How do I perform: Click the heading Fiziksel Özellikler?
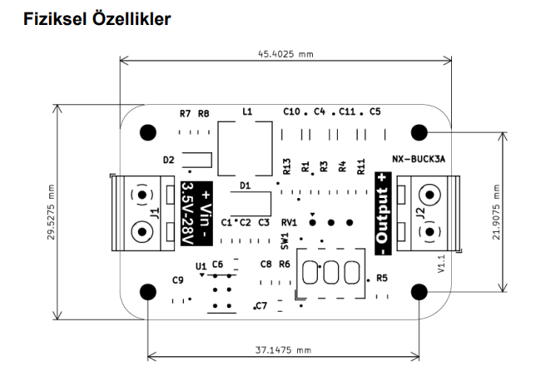(x=99, y=17)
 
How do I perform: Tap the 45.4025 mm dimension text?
(x=285, y=54)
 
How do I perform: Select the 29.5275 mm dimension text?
(x=51, y=212)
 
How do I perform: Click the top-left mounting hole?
(x=148, y=132)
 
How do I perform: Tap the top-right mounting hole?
(x=419, y=132)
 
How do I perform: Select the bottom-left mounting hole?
(x=148, y=290)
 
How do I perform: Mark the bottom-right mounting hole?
(x=419, y=290)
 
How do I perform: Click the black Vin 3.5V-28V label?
(x=196, y=213)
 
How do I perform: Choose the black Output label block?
(x=382, y=213)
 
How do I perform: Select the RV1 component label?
(x=289, y=223)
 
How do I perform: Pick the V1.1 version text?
(x=441, y=264)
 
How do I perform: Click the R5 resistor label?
(x=382, y=278)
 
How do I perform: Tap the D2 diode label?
(x=169, y=160)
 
